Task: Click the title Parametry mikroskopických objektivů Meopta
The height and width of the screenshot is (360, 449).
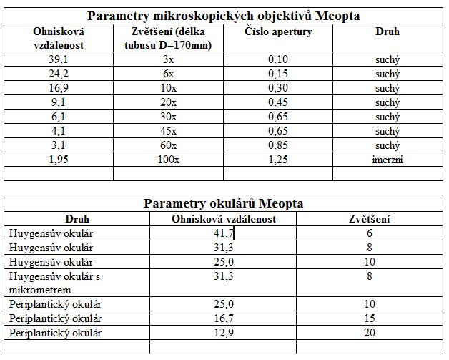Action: [224, 16]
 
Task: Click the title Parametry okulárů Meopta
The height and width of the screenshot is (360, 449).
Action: [224, 203]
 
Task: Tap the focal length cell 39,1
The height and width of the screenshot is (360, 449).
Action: [58, 59]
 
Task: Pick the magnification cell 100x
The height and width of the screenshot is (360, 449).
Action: [168, 159]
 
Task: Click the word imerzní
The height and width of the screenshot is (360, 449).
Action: [388, 159]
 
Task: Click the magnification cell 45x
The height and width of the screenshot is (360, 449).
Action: [168, 130]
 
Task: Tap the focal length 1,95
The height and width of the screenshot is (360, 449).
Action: [58, 159]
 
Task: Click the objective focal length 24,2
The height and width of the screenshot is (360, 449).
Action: [58, 74]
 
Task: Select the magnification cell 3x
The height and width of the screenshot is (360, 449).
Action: [168, 59]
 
